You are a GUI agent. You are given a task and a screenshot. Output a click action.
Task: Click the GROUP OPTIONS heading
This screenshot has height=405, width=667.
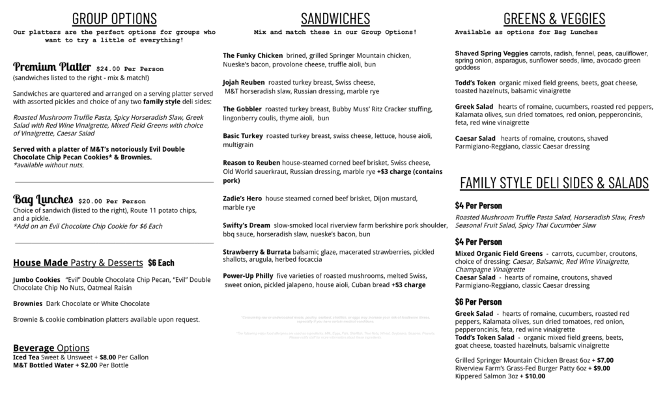point(114,18)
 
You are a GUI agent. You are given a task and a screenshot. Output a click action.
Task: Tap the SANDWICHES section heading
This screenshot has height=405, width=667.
point(335,18)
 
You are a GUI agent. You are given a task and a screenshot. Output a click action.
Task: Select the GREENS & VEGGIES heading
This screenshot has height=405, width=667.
point(554,18)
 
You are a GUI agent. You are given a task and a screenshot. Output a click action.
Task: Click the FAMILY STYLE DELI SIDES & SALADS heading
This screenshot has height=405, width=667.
point(554,182)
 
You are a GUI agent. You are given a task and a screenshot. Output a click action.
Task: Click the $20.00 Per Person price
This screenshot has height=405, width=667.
point(111,201)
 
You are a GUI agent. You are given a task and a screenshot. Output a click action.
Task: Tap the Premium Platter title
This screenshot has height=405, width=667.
point(52,66)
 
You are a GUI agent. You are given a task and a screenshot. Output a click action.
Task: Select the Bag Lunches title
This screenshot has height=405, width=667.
point(43,199)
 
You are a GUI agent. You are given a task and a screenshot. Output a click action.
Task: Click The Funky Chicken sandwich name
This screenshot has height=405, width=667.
point(253,55)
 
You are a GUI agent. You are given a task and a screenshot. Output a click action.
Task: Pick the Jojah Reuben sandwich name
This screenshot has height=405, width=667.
point(244,83)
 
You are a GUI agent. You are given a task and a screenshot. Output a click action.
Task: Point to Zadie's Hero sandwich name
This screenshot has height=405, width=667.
point(242,198)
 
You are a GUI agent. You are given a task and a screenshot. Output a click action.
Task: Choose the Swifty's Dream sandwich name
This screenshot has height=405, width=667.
point(246,225)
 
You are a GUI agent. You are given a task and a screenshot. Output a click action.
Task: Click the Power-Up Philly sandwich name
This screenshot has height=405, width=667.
point(248,275)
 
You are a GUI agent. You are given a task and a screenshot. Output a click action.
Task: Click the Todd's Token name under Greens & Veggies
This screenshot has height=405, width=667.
point(475,83)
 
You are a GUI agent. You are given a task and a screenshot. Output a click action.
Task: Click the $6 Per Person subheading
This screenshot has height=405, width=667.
point(478,301)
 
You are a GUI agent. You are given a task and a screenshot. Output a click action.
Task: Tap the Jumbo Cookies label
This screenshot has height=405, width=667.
point(36,279)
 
